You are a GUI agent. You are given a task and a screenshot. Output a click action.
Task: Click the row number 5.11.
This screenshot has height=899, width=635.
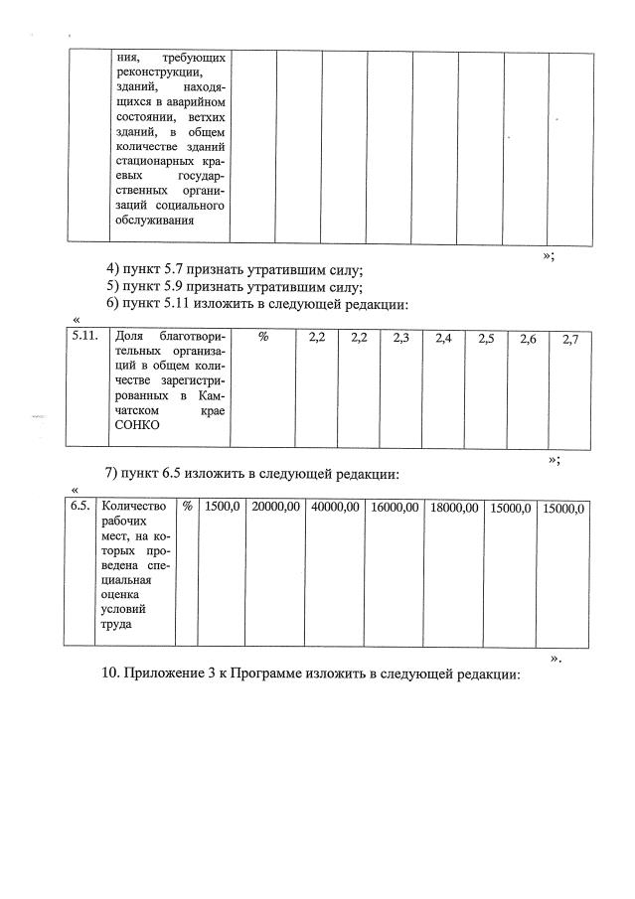[x=85, y=338]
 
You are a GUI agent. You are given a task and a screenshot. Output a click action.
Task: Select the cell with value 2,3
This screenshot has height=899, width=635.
[x=401, y=339]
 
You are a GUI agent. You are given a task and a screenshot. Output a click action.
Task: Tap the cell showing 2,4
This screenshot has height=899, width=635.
[x=443, y=339]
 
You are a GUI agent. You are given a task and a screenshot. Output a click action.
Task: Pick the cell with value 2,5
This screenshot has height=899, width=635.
[x=486, y=340]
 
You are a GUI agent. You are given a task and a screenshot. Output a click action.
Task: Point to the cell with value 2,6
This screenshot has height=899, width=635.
[x=528, y=340]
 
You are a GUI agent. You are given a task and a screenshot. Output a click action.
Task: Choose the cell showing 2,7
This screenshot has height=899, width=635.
[x=570, y=340]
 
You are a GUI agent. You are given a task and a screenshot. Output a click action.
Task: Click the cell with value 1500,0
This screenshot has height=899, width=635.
[x=222, y=507]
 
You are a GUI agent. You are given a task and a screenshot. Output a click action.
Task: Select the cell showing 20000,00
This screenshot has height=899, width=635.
[x=275, y=507]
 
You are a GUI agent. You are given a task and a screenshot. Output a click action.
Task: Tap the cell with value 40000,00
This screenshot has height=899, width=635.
[x=335, y=507]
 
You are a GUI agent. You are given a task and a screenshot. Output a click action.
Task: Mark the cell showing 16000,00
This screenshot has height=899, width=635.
[x=395, y=508]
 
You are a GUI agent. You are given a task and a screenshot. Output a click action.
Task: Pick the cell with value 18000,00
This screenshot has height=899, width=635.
[x=454, y=508]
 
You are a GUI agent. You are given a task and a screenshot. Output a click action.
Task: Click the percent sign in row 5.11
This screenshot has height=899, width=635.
[x=263, y=338]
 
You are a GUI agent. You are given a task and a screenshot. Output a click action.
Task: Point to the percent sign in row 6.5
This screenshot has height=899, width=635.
[x=186, y=507]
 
